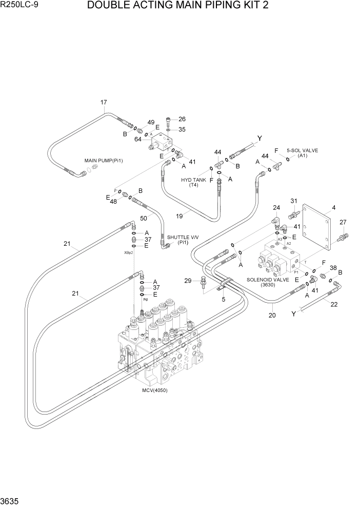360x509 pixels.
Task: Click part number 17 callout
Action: coord(104,103)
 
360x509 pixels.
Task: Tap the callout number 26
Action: coord(182,119)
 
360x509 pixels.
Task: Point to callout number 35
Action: coord(182,129)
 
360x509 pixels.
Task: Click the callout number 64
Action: coord(138,138)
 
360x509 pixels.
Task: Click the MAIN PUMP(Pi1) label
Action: coord(104,161)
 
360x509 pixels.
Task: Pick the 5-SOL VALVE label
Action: coord(303,150)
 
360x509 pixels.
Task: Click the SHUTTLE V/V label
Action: coord(183,237)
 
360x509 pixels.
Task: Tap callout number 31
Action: coord(294,201)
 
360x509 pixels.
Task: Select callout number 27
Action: coord(343,222)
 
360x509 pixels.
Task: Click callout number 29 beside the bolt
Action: coord(188,281)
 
